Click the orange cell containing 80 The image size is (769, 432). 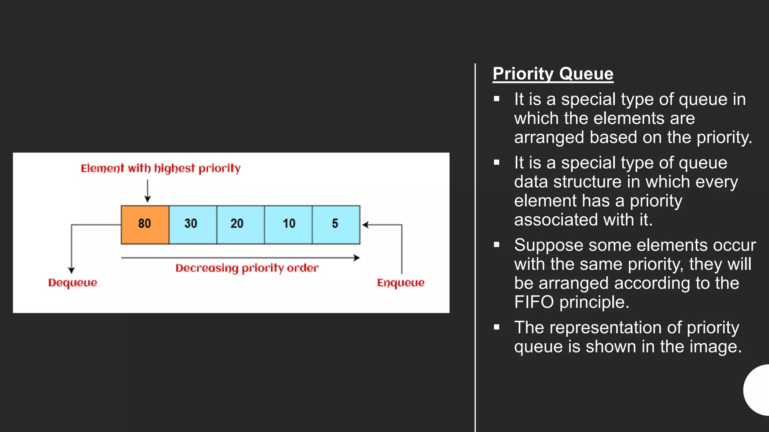pyautogui.click(x=145, y=225)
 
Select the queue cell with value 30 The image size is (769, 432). pyautogui.click(x=193, y=225)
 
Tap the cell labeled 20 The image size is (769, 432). pyautogui.click(x=240, y=225)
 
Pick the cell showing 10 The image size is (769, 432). pyautogui.click(x=288, y=225)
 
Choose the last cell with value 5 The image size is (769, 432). pyautogui.click(x=336, y=225)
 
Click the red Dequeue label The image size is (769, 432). pyautogui.click(x=72, y=283)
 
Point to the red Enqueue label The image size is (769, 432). pyautogui.click(x=401, y=283)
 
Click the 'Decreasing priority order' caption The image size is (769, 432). pyautogui.click(x=247, y=268)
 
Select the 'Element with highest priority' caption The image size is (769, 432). pyautogui.click(x=160, y=168)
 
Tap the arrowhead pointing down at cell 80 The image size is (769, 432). pyautogui.click(x=148, y=199)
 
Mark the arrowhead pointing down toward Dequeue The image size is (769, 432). pyautogui.click(x=71, y=270)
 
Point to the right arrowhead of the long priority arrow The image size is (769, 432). pyautogui.click(x=357, y=258)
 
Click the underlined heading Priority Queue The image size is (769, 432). pyautogui.click(x=553, y=74)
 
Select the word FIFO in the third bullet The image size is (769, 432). pyautogui.click(x=534, y=302)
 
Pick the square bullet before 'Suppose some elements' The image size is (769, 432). pyautogui.click(x=496, y=245)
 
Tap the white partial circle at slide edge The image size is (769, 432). pyautogui.click(x=758, y=390)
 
